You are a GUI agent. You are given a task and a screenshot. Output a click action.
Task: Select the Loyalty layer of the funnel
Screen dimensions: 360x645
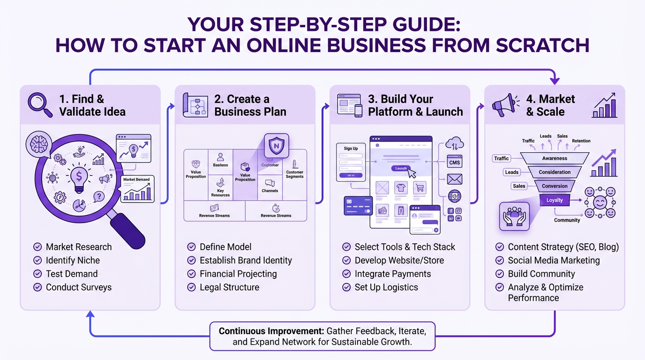(555, 200)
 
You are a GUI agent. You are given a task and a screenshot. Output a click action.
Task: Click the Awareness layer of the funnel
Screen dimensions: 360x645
(555, 158)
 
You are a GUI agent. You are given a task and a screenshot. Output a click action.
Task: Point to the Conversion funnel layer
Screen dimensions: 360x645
(555, 186)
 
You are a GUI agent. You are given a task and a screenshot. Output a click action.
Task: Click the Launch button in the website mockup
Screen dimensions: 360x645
(401, 168)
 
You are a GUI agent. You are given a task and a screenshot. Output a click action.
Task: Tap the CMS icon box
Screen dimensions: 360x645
(454, 162)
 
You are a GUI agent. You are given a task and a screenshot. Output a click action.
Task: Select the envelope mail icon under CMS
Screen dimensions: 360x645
(454, 179)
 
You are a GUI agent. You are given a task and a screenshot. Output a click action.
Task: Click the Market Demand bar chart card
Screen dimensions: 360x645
(137, 189)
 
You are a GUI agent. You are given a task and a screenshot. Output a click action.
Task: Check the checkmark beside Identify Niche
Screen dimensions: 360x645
(37, 261)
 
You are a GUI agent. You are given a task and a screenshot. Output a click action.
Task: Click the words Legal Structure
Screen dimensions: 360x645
(229, 287)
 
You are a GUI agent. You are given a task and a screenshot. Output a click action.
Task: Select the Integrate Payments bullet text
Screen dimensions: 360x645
(392, 274)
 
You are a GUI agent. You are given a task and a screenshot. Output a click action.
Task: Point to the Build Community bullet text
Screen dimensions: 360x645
(541, 274)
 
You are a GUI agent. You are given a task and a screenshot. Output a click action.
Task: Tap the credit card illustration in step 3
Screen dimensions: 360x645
(358, 205)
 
